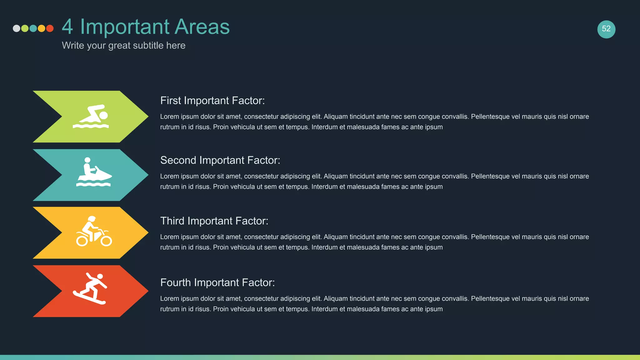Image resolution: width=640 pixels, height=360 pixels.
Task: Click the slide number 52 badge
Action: click(x=606, y=29)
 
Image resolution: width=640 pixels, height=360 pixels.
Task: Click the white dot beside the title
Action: click(x=17, y=28)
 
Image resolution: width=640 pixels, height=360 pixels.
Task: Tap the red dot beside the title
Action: click(x=50, y=28)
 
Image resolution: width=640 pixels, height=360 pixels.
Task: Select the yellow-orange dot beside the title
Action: click(x=42, y=28)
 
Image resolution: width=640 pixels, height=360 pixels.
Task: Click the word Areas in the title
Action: click(x=202, y=27)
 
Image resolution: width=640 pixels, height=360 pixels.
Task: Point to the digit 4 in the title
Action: click(x=67, y=27)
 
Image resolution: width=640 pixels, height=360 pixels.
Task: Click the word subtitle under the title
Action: click(x=148, y=46)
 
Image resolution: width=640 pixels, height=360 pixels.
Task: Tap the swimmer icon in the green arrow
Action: click(x=91, y=116)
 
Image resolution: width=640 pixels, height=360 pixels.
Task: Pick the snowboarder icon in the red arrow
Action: click(x=90, y=289)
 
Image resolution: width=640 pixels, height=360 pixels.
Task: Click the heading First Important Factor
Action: click(x=212, y=101)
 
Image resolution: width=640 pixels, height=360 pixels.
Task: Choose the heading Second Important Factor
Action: click(x=220, y=160)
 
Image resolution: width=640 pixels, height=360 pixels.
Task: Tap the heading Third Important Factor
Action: click(x=214, y=221)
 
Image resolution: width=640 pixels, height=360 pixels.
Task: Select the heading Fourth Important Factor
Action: click(x=217, y=282)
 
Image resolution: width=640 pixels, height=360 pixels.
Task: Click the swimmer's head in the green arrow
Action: click(x=103, y=116)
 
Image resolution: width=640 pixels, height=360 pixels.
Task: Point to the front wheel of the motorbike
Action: click(x=106, y=241)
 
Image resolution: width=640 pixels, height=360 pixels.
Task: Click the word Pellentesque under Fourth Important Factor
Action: click(x=490, y=298)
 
